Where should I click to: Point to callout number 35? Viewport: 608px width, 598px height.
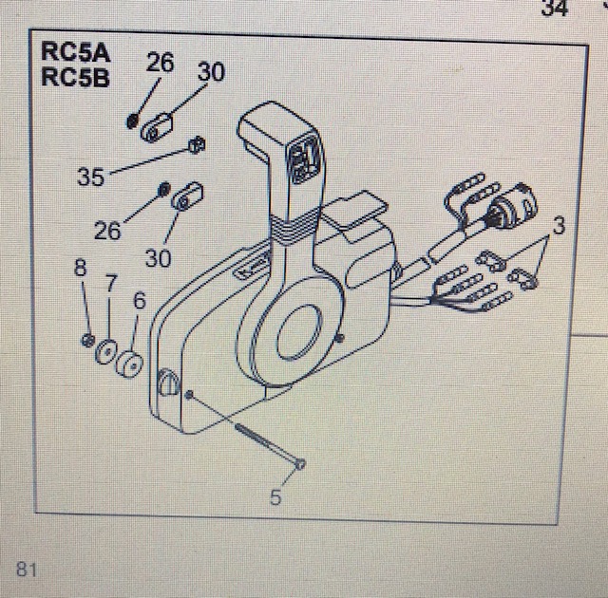91,176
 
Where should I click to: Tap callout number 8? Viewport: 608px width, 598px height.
81,269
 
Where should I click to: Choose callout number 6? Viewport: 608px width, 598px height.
139,301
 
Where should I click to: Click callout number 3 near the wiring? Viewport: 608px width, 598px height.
560,226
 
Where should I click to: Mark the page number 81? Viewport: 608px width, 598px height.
26,570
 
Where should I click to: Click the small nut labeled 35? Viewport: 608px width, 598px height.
196,144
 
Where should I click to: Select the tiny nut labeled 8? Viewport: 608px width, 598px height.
86,340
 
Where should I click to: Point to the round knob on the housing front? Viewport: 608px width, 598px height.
167,383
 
